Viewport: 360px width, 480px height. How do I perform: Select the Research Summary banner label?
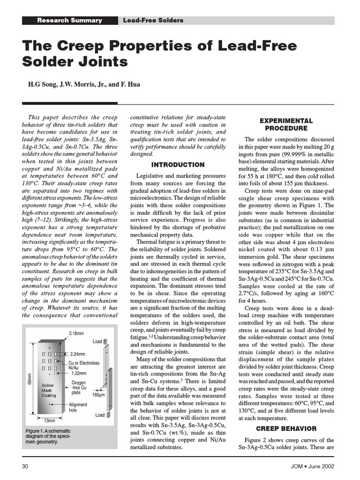pos(69,21)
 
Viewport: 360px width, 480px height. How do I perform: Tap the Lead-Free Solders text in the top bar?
pos(153,21)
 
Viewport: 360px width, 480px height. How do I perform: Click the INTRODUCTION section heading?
pos(178,165)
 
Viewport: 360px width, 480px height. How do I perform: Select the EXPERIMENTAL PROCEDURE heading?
pos(286,124)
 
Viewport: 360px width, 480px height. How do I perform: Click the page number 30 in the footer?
pos(27,466)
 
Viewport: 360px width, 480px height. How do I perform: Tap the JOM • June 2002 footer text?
pos(312,466)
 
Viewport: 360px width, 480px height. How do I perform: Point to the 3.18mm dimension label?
pos(76,333)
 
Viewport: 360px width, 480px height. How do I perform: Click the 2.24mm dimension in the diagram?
pos(77,354)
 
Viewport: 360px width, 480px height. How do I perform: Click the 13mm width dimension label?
pos(49,420)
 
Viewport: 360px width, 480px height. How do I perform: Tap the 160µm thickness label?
pos(98,395)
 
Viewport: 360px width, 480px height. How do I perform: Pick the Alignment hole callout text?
pos(78,407)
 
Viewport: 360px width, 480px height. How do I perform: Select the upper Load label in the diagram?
pos(97,341)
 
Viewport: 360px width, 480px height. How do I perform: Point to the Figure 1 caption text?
pos(48,436)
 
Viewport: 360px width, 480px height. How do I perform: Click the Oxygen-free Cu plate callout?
pos(78,388)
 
